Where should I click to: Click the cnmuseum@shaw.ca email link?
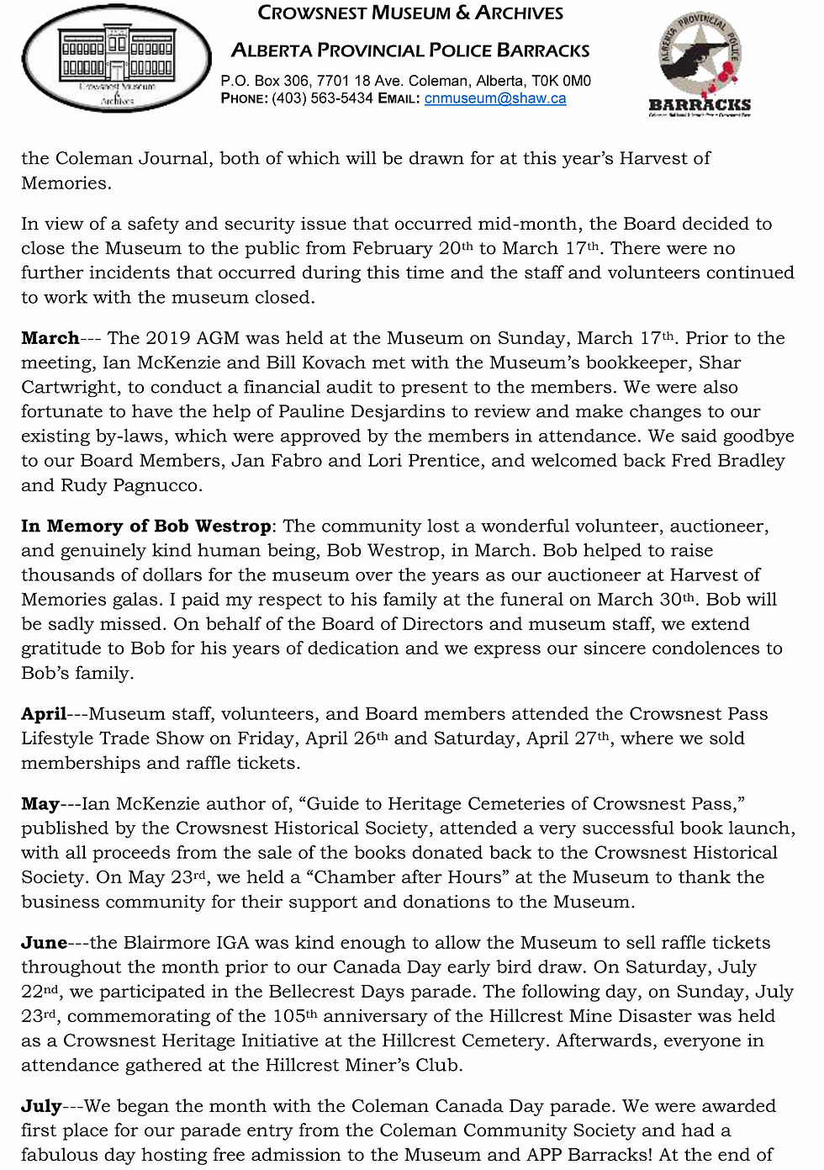[x=494, y=98]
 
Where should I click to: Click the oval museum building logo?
[x=117, y=59]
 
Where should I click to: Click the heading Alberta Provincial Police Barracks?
[x=410, y=50]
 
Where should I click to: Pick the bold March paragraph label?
[x=50, y=338]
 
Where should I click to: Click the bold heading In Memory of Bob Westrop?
[x=145, y=527]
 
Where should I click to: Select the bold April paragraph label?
[x=44, y=714]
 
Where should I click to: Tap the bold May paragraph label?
[x=40, y=804]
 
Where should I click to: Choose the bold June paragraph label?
[x=44, y=943]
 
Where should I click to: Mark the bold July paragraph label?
[x=41, y=1106]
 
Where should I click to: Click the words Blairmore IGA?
[x=188, y=943]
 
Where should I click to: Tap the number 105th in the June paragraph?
[x=295, y=1016]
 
